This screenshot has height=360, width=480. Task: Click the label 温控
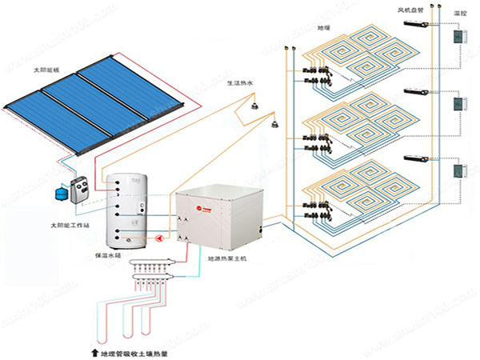point(459,14)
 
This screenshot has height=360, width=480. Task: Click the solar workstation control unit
point(81,190)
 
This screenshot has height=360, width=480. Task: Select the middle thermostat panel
point(458,104)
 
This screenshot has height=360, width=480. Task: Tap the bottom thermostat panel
point(458,171)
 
